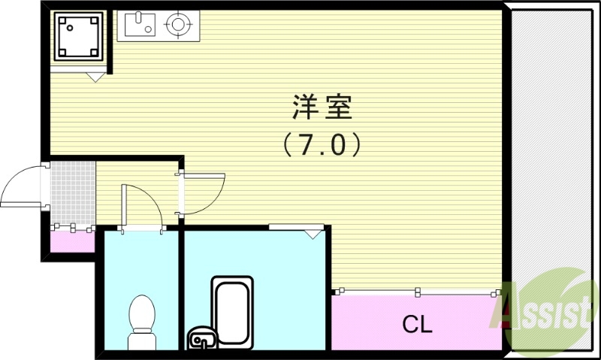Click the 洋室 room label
click(322, 109)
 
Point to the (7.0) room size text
click(322, 144)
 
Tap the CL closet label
click(417, 325)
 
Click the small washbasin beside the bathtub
click(200, 339)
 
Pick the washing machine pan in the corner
click(78, 37)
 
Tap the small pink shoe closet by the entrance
click(72, 241)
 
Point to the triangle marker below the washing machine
click(95, 76)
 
